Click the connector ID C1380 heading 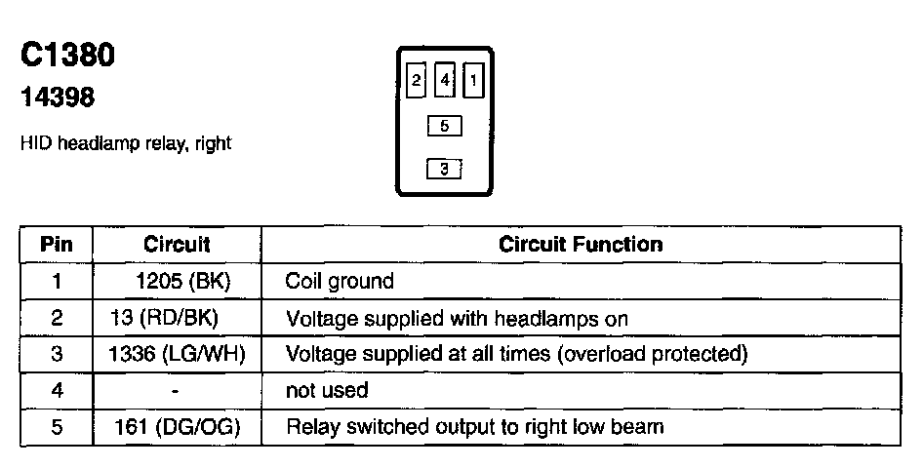67,56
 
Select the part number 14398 58,98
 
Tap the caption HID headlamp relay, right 125,143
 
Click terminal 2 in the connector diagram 417,81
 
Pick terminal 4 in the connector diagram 445,81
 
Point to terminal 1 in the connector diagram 473,81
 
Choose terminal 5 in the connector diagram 444,126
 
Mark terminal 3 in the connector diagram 444,170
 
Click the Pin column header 57,244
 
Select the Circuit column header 177,244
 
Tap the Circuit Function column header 581,244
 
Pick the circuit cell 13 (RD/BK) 177,318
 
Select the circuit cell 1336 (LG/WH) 177,354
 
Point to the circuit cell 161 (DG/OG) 177,426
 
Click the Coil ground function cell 340,282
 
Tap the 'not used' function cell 326,390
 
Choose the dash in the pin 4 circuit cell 174,390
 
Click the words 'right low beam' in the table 607,426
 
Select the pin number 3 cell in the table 57,354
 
